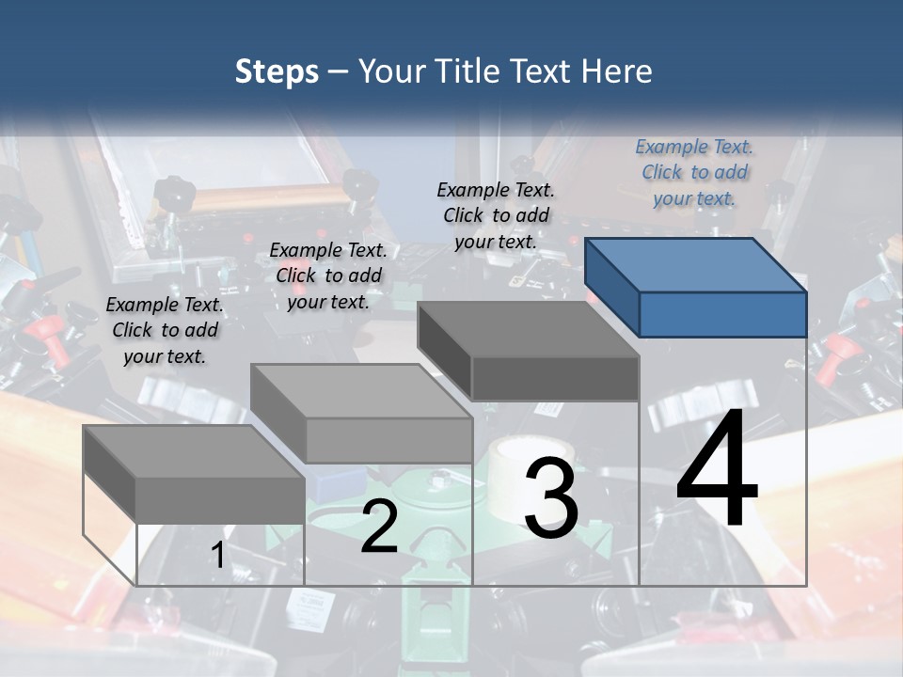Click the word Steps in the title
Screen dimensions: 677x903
pyautogui.click(x=277, y=71)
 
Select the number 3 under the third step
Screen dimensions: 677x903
pyautogui.click(x=550, y=497)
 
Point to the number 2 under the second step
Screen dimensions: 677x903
pyautogui.click(x=379, y=527)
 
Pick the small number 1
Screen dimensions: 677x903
pyautogui.click(x=217, y=556)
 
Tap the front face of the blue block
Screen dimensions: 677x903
pyautogui.click(x=722, y=314)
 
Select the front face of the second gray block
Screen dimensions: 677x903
pyautogui.click(x=388, y=440)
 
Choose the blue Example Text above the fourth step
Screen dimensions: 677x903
pyautogui.click(x=694, y=172)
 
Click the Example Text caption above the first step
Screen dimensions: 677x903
pyautogui.click(x=165, y=330)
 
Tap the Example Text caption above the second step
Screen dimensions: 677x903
pyautogui.click(x=328, y=276)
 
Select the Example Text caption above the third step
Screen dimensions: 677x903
pyautogui.click(x=496, y=214)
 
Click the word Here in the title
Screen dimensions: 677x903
pyautogui.click(x=617, y=71)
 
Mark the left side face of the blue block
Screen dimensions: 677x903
pyautogui.click(x=611, y=287)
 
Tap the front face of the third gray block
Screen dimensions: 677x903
pyautogui.click(x=555, y=378)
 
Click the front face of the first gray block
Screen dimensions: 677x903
pyautogui.click(x=220, y=499)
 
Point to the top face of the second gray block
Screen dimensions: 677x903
pyautogui.click(x=361, y=390)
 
